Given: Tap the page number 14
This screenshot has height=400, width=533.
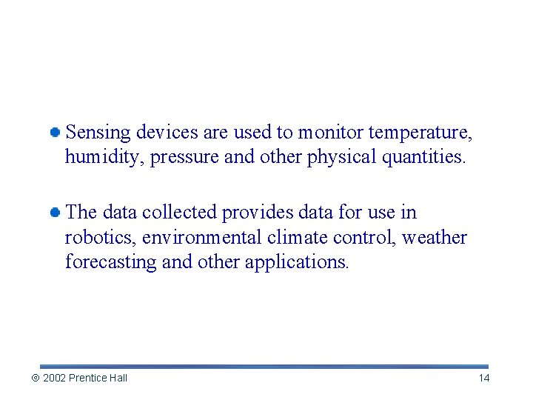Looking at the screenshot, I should (x=484, y=378).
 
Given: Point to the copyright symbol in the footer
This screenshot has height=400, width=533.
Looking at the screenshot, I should (x=35, y=378).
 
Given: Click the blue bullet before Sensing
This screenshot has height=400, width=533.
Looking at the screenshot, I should (x=55, y=133).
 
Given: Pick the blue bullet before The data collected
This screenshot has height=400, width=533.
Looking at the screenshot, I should (x=55, y=213).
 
